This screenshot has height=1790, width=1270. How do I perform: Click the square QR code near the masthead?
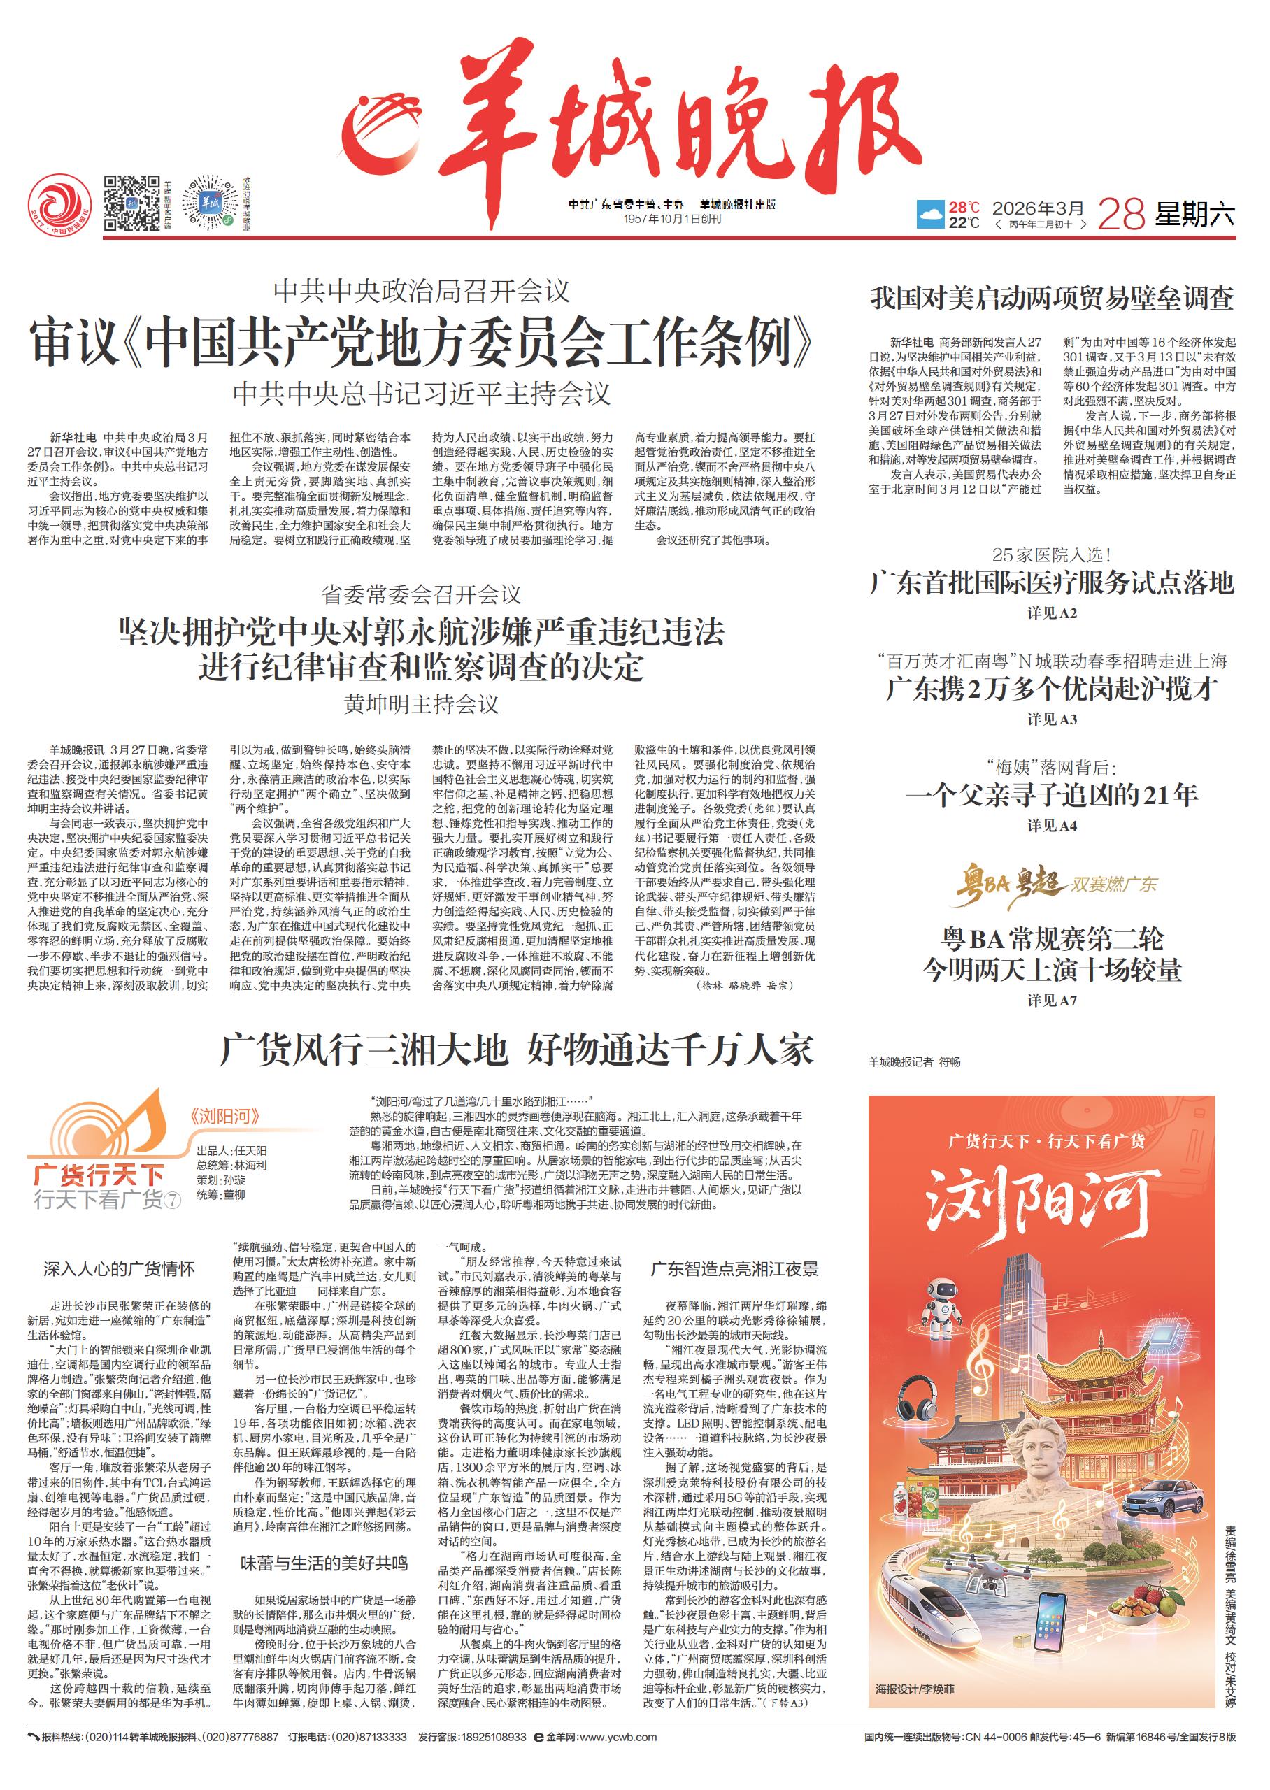click(131, 205)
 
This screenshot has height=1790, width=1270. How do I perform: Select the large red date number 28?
click(1122, 213)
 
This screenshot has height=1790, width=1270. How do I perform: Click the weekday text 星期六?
click(1196, 213)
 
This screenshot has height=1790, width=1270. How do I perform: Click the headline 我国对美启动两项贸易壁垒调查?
click(1052, 299)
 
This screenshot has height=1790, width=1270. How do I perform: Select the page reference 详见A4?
click(1052, 826)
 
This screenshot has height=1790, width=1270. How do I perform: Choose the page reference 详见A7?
click(1052, 1000)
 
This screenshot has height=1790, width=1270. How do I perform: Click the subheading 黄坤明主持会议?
click(422, 703)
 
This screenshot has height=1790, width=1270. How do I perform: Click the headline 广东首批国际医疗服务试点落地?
click(1052, 583)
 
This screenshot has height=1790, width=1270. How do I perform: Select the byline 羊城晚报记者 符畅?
click(913, 1061)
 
